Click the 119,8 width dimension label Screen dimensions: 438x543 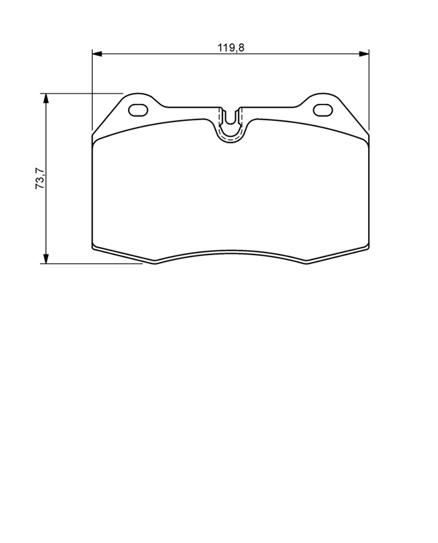click(231, 48)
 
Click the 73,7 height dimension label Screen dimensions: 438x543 click(40, 178)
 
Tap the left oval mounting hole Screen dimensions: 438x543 click(138, 111)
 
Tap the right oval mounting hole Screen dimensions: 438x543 click(323, 111)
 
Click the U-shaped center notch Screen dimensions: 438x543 click(231, 128)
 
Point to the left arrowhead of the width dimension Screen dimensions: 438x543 click(97, 54)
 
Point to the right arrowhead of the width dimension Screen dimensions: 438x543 click(363, 54)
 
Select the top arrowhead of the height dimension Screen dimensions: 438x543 click(45, 98)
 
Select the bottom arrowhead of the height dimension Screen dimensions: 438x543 click(45, 259)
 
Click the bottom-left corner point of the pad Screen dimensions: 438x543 click(155, 264)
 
